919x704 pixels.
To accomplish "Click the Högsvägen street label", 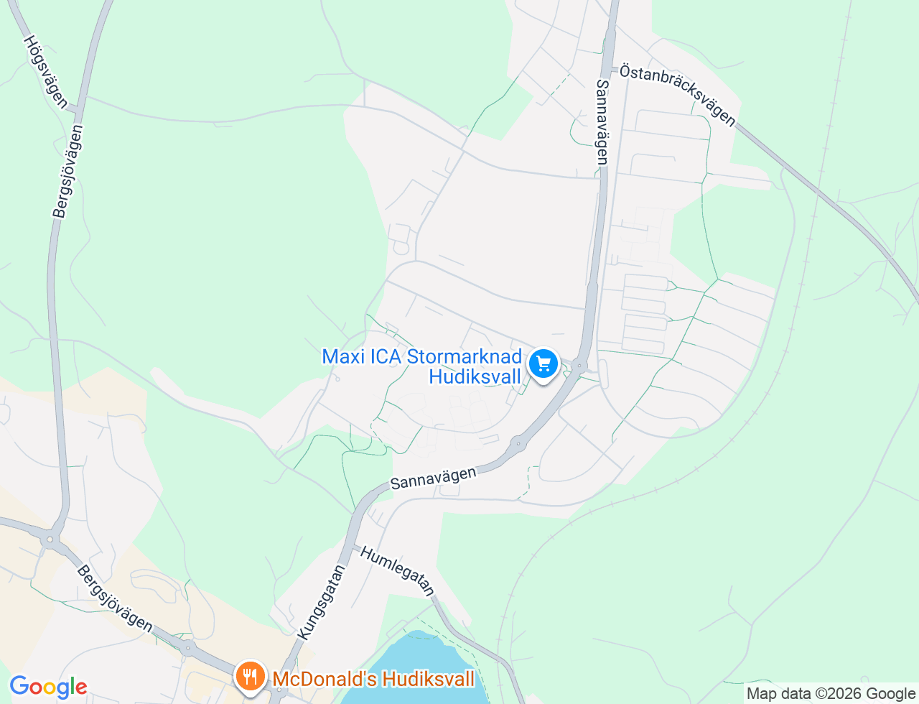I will (x=45, y=72).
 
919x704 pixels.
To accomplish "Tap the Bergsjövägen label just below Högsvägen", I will (x=68, y=171).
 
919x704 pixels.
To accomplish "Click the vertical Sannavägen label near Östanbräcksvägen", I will (x=602, y=121).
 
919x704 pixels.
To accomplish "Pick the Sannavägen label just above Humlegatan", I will (x=434, y=478).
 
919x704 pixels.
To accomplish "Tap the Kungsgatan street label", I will (x=321, y=602).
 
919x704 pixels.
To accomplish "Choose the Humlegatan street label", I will (x=398, y=571).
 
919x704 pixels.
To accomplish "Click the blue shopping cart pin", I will (x=544, y=364).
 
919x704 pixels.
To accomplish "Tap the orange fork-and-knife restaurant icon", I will (x=250, y=677).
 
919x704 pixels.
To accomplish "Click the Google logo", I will (x=48, y=687).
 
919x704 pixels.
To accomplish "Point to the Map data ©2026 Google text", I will (x=831, y=694).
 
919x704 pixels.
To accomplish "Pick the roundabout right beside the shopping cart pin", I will (x=579, y=365).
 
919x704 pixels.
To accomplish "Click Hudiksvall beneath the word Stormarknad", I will (x=475, y=376).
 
